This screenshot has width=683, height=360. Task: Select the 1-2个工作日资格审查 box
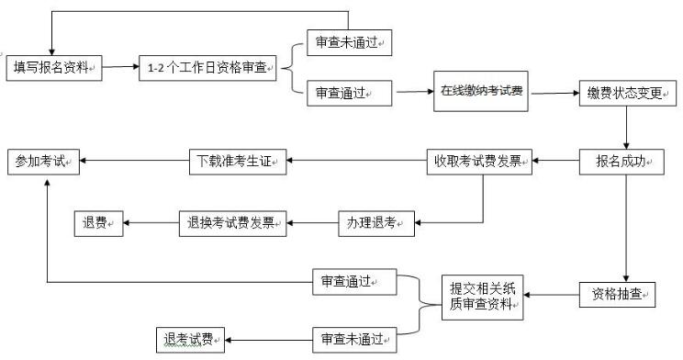coord(207,68)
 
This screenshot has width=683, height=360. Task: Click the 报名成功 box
coord(621,163)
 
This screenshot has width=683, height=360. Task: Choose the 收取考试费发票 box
coord(478,163)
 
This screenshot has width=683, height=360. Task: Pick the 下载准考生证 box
coord(239,163)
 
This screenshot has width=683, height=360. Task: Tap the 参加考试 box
coord(43,163)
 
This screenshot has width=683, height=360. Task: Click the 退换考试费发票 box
coord(233,221)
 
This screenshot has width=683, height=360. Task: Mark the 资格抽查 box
coord(617,295)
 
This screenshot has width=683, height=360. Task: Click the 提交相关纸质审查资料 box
coord(481,296)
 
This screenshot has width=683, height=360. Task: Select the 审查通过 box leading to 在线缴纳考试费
coord(347,93)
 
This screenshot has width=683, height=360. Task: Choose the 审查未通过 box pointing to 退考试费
coord(353,339)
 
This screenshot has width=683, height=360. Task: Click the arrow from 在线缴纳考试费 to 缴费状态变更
coord(553,93)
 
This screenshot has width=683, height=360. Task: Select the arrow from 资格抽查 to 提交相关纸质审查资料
coord(552,295)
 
